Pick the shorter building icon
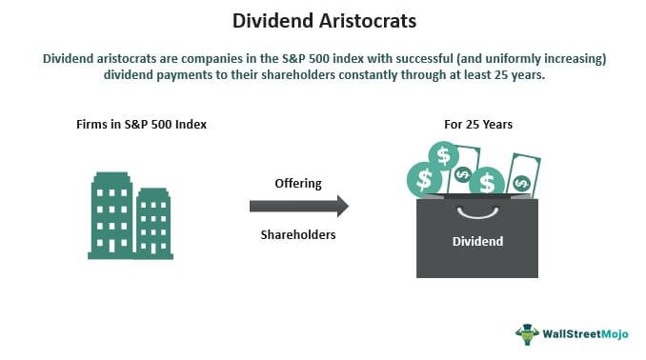click(x=151, y=223)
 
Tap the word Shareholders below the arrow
click(x=299, y=233)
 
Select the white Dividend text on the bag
click(x=476, y=242)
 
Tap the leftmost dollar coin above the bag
click(x=424, y=178)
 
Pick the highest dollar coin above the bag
click(x=443, y=154)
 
